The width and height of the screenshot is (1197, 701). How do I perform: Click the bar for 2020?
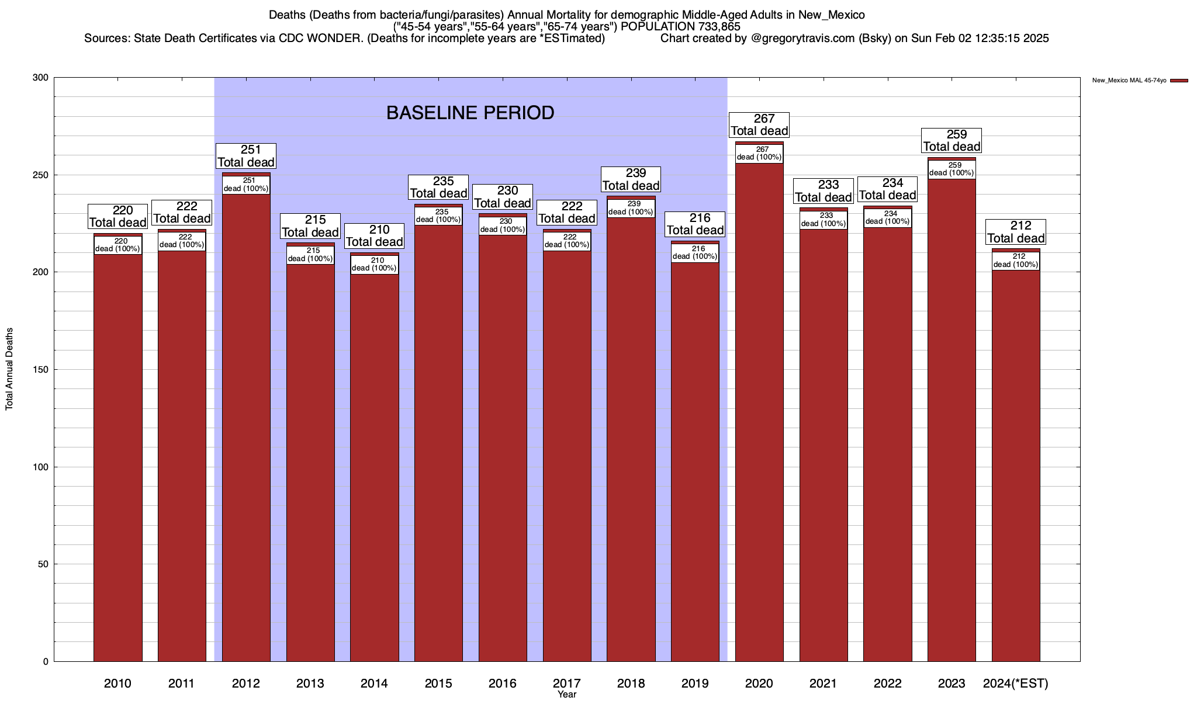click(x=759, y=409)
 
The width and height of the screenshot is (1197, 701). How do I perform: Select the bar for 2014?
click(x=374, y=467)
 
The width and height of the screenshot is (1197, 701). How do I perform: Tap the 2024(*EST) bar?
click(x=1016, y=467)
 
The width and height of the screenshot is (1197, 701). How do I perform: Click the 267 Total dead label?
click(x=759, y=125)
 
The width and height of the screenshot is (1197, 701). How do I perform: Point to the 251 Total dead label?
click(x=246, y=156)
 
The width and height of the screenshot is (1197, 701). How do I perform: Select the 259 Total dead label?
click(x=952, y=141)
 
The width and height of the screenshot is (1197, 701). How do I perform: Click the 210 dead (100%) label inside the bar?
click(x=374, y=264)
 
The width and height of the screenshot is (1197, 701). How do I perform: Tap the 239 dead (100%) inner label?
click(x=631, y=208)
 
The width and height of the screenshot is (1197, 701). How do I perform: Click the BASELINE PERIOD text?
click(x=470, y=113)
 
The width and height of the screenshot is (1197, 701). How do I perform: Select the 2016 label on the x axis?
click(x=503, y=683)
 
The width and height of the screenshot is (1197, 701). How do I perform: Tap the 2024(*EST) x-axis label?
click(x=1016, y=683)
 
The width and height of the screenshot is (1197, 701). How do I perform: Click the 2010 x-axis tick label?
click(x=117, y=683)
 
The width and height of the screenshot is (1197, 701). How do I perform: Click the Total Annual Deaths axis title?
click(x=9, y=369)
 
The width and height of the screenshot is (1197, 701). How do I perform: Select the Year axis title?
click(x=566, y=695)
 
